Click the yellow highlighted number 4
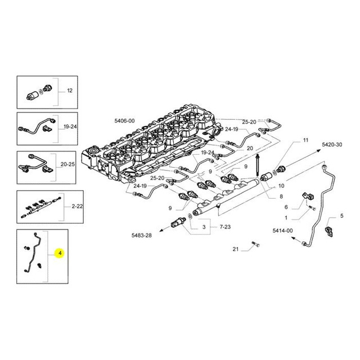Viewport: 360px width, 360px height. [60, 253]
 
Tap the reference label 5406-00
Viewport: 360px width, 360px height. [124, 121]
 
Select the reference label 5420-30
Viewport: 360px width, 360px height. [332, 145]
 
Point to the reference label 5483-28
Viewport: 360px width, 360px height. [142, 235]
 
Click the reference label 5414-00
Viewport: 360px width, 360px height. [282, 230]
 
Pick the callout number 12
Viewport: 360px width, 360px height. [70, 91]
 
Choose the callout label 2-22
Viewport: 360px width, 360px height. [77, 206]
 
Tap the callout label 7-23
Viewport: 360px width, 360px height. [225, 227]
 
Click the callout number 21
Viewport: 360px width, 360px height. [236, 249]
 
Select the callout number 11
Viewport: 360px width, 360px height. [305, 140]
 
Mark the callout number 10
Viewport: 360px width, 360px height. [281, 186]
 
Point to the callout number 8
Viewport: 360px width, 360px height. [281, 196]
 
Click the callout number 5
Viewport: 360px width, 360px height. [342, 216]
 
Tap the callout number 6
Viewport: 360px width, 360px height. [286, 207]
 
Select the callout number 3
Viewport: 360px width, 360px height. [204, 227]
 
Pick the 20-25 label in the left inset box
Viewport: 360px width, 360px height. [67, 164]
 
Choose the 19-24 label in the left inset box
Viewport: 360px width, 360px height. [70, 127]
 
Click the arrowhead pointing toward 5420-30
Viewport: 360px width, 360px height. [319, 150]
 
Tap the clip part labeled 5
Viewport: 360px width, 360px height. [329, 232]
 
